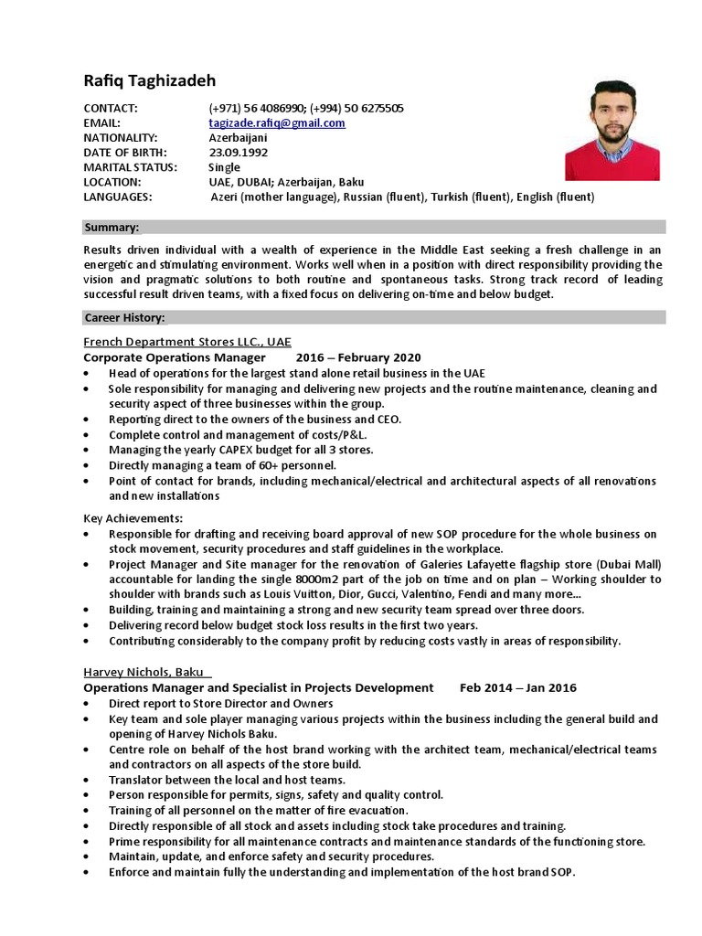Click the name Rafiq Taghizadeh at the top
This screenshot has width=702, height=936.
[x=151, y=80]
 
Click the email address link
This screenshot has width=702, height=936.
[x=277, y=123]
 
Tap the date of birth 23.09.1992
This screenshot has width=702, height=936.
[x=239, y=153]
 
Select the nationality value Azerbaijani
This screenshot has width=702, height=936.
[x=239, y=138]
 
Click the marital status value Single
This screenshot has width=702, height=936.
[x=224, y=167]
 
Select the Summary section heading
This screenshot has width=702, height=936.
[x=112, y=227]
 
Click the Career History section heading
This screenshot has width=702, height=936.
[x=124, y=317]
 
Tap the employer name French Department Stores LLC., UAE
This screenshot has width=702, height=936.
[x=187, y=342]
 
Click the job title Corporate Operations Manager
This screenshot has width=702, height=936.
[x=175, y=357]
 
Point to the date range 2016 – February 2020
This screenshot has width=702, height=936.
[x=358, y=357]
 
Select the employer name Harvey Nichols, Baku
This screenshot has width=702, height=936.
[x=146, y=672]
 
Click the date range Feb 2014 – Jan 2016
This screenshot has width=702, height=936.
[x=518, y=687]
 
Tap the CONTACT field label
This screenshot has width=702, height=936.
[x=110, y=109]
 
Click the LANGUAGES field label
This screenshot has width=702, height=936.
[x=118, y=197]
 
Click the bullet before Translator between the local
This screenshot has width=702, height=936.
[x=86, y=780]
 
